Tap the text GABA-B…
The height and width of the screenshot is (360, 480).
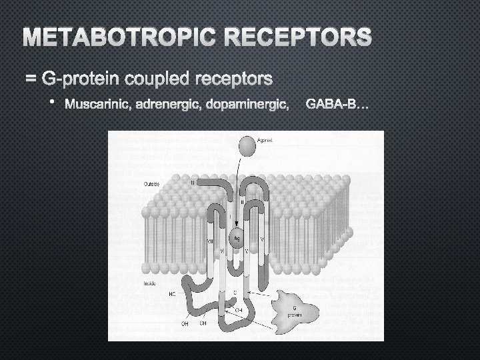[x=336, y=105]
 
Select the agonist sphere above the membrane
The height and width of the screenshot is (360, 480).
[x=247, y=143]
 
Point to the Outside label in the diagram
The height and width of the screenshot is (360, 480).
[x=151, y=183]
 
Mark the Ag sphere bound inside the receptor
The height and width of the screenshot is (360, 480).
[x=237, y=237]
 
